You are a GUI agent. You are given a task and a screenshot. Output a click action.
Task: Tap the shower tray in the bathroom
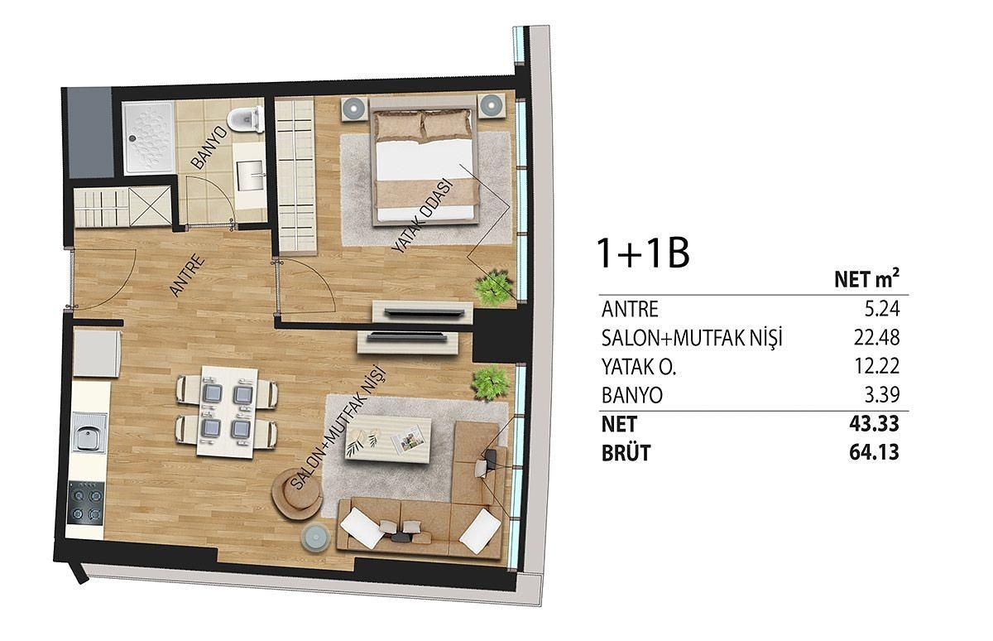coord(149,137)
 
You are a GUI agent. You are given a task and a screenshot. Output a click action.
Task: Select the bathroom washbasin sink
coord(251,176)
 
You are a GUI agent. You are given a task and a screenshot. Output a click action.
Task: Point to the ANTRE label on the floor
coord(187,275)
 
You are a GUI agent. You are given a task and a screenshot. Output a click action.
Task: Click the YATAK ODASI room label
coord(423,216)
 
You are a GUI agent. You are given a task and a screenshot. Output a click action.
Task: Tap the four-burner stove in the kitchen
coord(86,504)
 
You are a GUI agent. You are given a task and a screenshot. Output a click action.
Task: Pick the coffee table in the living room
coord(388,440)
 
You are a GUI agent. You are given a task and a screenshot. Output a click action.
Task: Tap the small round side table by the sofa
coord(315,538)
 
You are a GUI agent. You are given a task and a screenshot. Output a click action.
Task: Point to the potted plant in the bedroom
coord(493,287)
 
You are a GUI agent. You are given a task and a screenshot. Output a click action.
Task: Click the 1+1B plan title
coord(643,253)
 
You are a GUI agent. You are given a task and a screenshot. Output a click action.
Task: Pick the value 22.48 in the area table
coord(876,338)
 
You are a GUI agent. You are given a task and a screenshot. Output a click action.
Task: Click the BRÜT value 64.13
coord(874,452)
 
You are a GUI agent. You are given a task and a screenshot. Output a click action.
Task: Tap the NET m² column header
coord(866,279)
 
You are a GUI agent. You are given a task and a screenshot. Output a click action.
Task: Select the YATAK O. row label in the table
coord(638,367)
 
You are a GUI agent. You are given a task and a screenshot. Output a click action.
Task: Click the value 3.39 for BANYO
coord(882,395)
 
